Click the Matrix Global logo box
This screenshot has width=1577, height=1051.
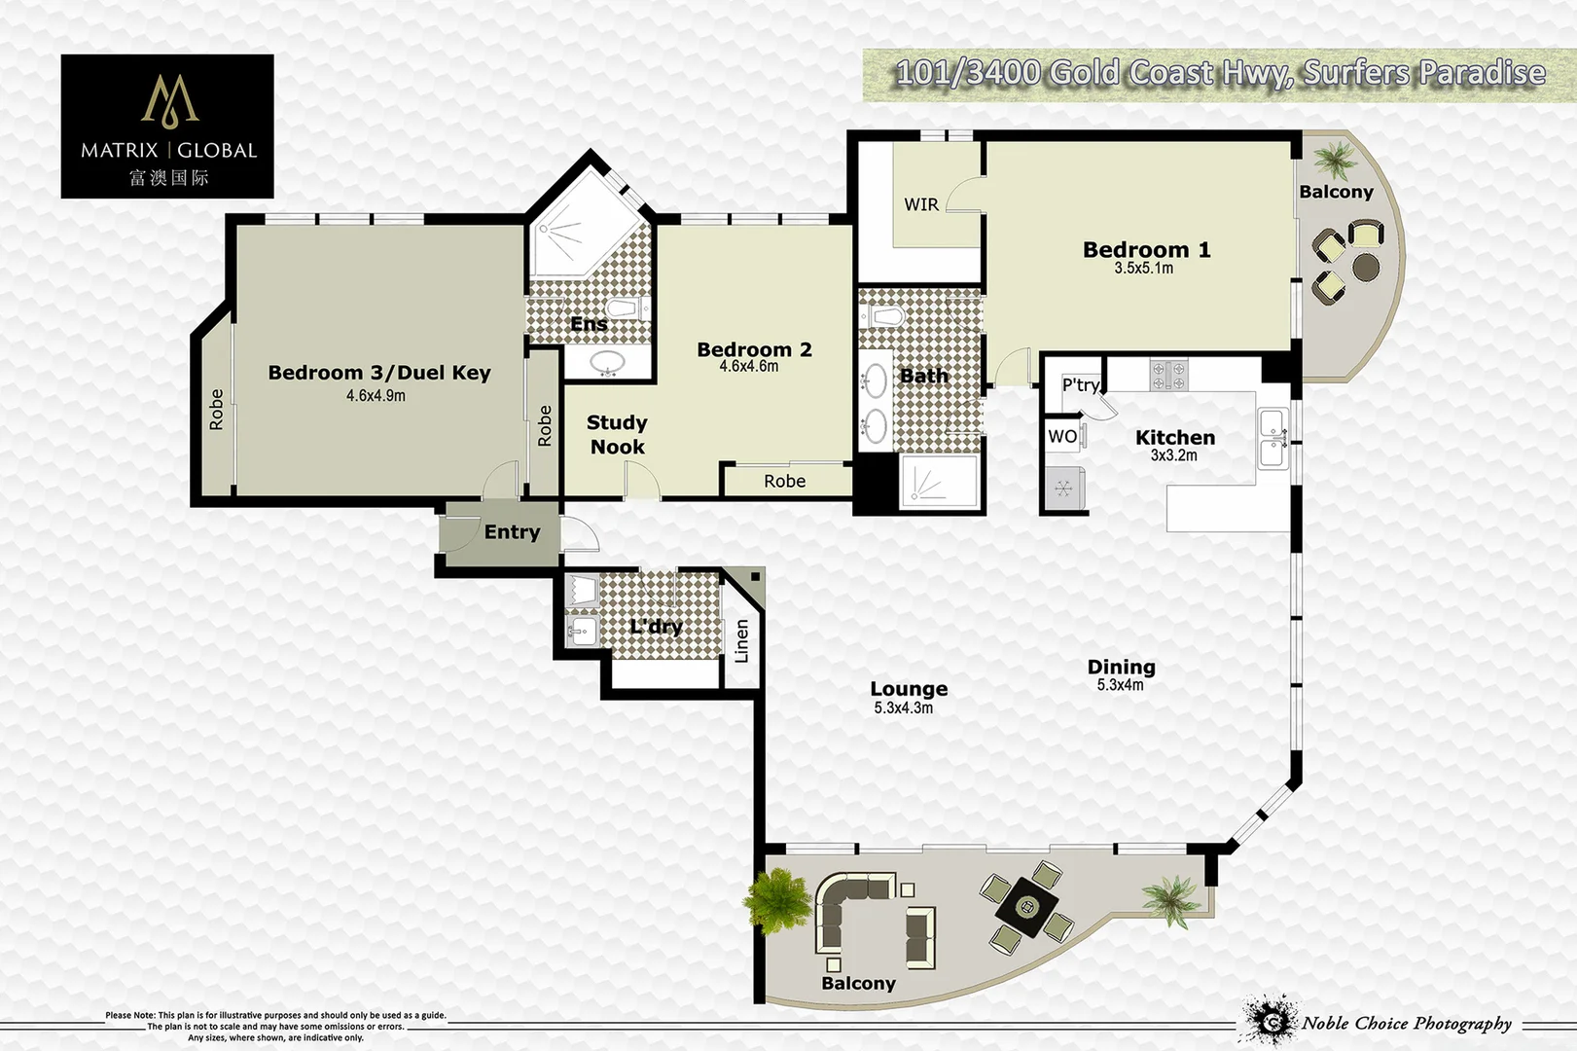pos(167,127)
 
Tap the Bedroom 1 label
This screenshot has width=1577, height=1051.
pos(1146,250)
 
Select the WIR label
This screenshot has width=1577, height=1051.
pos(921,204)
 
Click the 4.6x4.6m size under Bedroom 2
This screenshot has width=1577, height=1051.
pos(748,367)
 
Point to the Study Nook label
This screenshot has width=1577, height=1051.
pos(617,435)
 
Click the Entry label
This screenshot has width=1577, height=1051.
pos(512,532)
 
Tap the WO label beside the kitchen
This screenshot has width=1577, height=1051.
pos(1062,437)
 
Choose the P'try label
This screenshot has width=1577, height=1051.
pos(1081,384)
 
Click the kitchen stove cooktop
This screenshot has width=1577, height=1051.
pos(1168,375)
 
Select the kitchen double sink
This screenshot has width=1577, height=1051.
pos(1272,438)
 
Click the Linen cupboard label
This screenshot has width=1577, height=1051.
pos(742,641)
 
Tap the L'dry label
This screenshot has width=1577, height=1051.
pos(656,626)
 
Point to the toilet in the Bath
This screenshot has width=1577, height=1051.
pos(884,317)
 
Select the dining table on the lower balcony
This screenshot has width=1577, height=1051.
pos(1027,907)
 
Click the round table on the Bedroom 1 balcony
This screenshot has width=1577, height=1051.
pos(1366,266)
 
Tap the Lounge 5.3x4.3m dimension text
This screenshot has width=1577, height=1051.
pos(903,708)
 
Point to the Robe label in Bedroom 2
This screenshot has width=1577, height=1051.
pos(784,481)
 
